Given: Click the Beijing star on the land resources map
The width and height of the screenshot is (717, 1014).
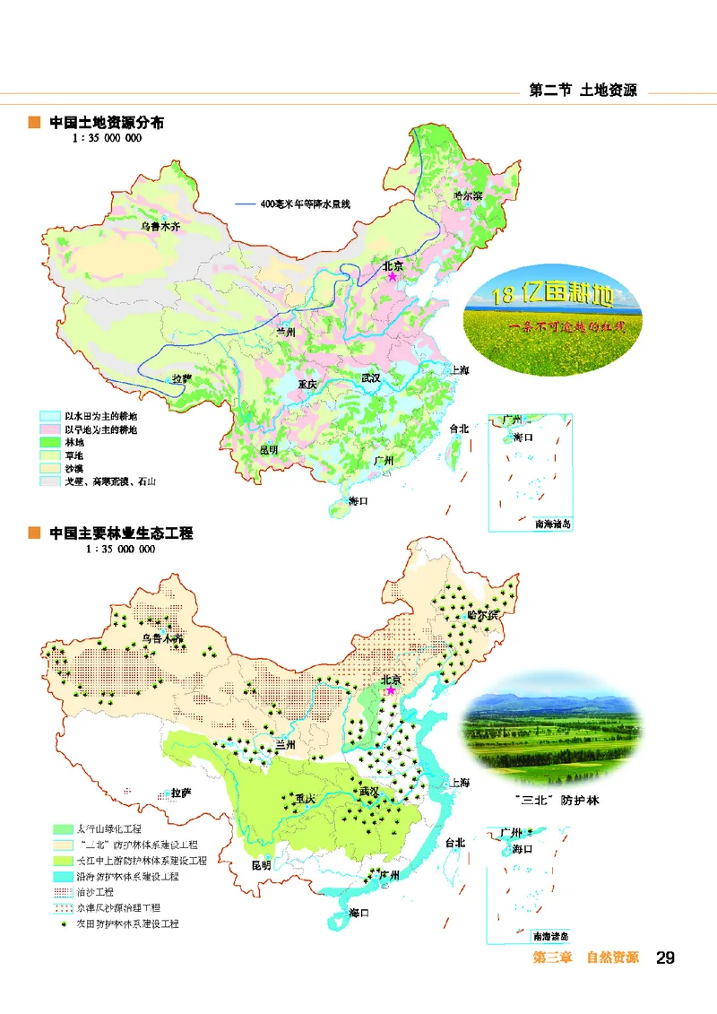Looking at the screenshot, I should click(391, 278).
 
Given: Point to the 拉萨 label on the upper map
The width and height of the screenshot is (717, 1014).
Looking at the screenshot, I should click(182, 378).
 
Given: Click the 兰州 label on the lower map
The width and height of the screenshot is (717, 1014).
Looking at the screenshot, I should click(285, 743).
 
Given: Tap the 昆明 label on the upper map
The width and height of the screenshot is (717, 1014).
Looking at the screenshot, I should click(269, 449).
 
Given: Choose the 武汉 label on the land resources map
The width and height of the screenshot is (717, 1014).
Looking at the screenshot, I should click(371, 378).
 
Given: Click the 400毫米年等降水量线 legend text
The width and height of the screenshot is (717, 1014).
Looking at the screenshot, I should click(306, 204).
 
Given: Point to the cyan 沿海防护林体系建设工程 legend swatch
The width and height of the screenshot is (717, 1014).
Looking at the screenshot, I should click(63, 876).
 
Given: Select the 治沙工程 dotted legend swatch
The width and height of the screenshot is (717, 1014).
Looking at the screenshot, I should click(63, 892).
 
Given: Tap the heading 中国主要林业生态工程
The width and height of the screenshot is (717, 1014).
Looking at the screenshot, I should click(121, 533).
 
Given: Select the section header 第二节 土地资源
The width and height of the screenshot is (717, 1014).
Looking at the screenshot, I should click(583, 91).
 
